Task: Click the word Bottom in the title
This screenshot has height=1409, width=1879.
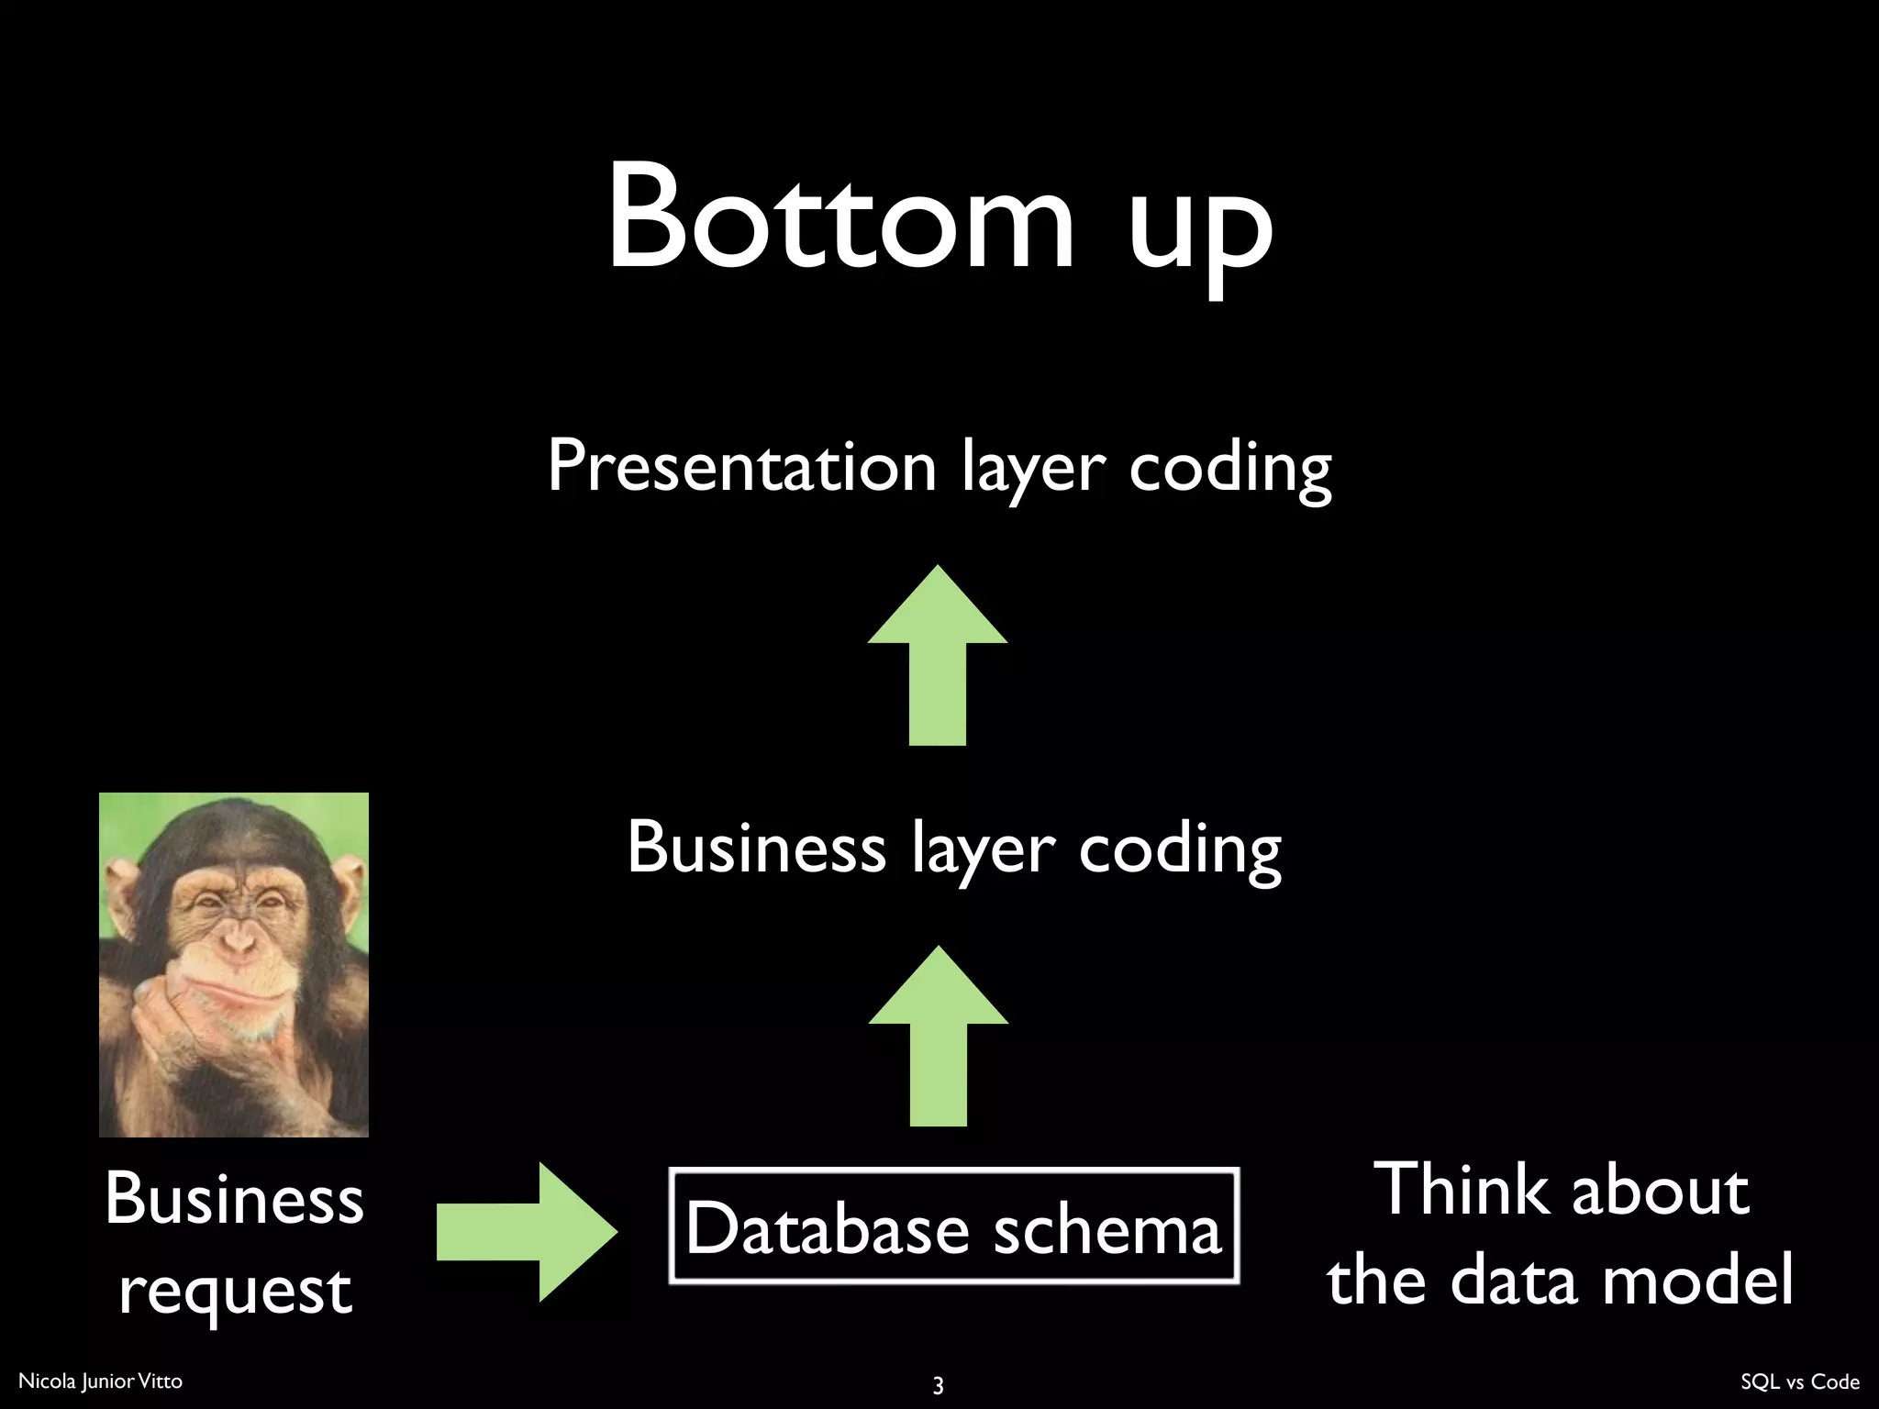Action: click(839, 218)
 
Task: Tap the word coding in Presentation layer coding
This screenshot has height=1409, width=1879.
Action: click(1229, 470)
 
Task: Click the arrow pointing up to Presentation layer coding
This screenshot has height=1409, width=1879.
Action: click(938, 656)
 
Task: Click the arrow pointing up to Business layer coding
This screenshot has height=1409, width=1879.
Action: click(938, 1037)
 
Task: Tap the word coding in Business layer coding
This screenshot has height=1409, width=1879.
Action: click(1179, 851)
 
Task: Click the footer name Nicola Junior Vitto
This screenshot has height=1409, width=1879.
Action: click(100, 1381)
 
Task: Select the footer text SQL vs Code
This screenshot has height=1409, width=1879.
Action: click(1799, 1381)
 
